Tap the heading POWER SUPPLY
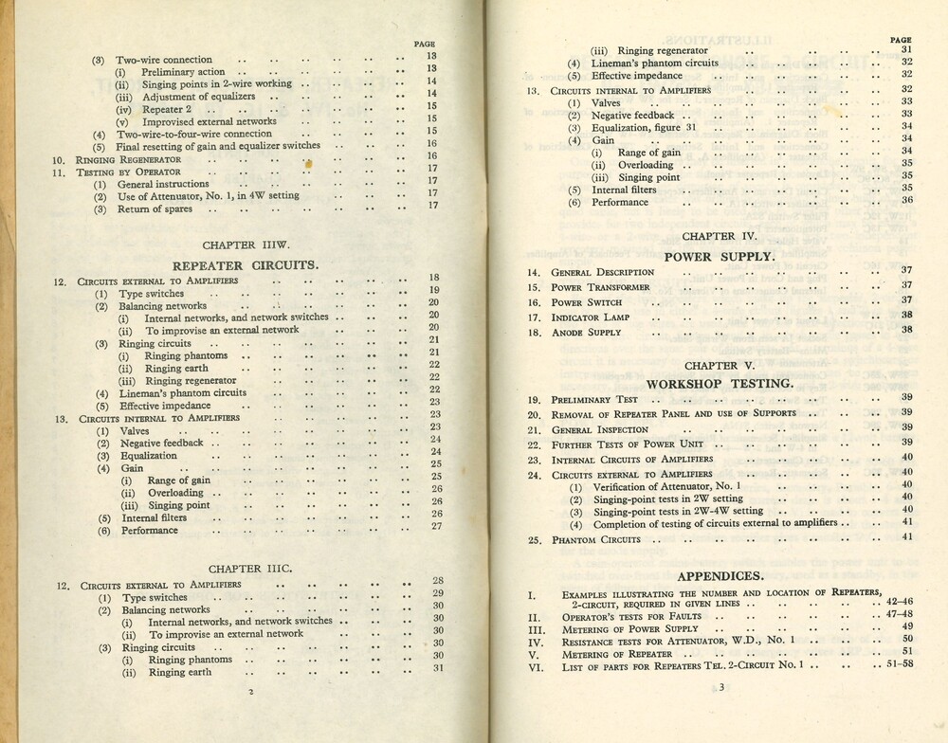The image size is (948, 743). pos(719,256)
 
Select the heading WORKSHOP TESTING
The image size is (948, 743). pos(720,384)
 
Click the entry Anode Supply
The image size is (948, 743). pos(587,333)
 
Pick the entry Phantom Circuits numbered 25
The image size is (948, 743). pos(596,540)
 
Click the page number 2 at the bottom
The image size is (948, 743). pos(249,692)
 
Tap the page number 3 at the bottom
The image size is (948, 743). pos(720,689)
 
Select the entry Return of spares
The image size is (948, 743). pos(155,209)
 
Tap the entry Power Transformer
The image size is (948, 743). pos(601,287)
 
